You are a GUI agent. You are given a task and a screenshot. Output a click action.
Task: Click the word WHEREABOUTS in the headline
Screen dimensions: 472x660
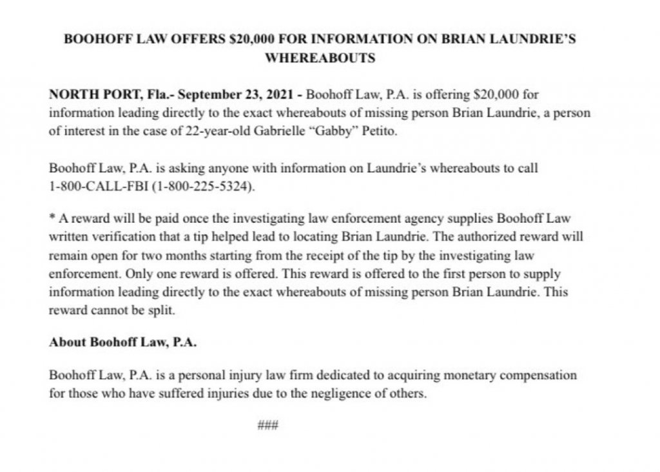(320, 58)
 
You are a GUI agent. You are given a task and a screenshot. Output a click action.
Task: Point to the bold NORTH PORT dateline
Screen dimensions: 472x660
(90, 94)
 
